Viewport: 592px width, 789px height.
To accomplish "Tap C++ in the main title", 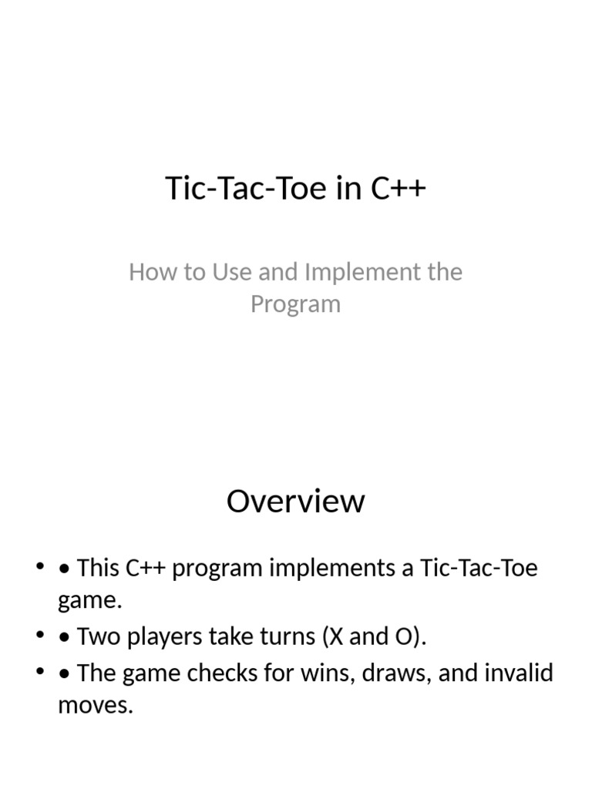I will (x=398, y=189).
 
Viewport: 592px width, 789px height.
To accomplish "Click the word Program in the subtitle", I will (x=295, y=304).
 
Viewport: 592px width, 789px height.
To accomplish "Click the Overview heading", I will (x=295, y=501).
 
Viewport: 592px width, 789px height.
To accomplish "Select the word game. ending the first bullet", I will (x=89, y=600).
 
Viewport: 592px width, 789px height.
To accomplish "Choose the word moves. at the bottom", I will (x=96, y=704).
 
